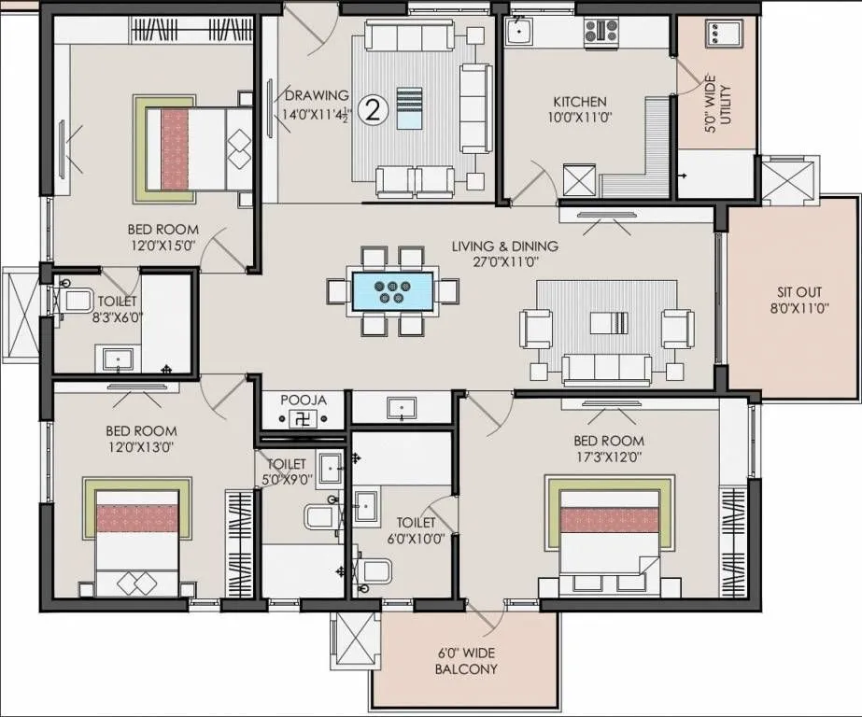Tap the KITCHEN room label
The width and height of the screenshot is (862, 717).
click(580, 102)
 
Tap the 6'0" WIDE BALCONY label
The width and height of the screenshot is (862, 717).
click(466, 661)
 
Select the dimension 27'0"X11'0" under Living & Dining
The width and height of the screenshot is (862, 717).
click(504, 263)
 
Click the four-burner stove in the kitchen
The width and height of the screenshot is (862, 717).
click(601, 32)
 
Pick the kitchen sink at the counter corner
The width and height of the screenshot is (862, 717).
click(518, 33)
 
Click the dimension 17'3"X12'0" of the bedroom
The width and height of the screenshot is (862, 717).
click(609, 457)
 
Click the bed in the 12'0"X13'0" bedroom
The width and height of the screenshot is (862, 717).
click(137, 541)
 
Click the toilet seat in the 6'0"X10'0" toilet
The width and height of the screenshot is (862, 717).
click(375, 569)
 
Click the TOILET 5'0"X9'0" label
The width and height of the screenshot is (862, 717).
click(286, 471)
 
